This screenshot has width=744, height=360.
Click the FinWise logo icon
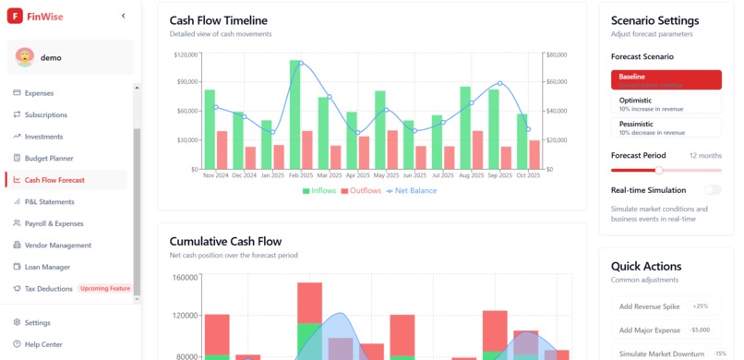[16, 16]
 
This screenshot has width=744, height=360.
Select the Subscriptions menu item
[45, 115]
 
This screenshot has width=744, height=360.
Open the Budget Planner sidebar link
[48, 159]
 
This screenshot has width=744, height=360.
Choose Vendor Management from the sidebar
[57, 246]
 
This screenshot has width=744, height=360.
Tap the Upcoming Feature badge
[104, 289]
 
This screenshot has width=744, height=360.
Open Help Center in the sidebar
[43, 344]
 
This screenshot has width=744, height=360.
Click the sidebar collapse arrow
[124, 16]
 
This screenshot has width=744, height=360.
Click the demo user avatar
[25, 57]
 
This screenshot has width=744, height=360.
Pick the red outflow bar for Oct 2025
[534, 154]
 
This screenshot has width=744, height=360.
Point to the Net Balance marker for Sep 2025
[499, 84]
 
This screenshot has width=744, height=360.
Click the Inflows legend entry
[318, 191]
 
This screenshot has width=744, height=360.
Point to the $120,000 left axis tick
[186, 54]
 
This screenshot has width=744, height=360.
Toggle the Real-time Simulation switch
[712, 189]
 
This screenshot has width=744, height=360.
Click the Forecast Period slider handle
[659, 171]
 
